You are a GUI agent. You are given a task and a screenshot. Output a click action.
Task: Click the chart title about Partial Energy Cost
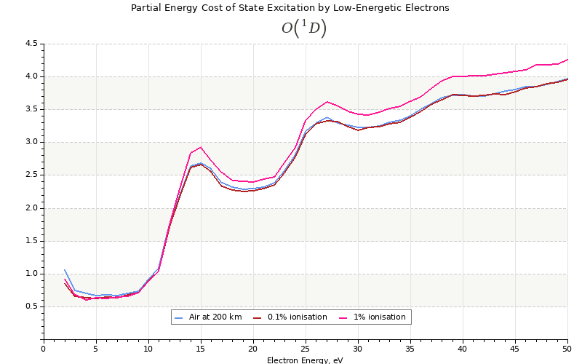pos(290,8)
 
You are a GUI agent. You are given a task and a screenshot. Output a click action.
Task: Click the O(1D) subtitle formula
pos(304,28)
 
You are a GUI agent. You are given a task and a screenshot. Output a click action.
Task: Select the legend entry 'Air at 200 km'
pos(211,317)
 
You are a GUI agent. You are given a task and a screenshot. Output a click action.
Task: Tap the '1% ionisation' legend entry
pos(375,317)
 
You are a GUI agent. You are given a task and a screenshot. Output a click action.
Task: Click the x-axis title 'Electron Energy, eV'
pos(305,360)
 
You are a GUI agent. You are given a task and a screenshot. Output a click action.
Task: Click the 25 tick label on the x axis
pos(306,349)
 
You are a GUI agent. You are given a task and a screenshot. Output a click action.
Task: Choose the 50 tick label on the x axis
pos(567,349)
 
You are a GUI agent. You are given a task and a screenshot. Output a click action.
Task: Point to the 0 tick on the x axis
pos(44,349)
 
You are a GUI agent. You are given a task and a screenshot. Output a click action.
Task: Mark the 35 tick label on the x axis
pos(410,349)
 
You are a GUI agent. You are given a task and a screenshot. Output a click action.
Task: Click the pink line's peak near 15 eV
pos(201,147)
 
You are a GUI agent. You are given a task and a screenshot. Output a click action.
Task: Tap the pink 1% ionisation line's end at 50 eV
pos(567,60)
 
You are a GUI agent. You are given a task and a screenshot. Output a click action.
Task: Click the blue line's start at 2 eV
pos(65,269)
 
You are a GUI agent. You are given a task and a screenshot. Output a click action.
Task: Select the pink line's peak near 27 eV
pos(327,102)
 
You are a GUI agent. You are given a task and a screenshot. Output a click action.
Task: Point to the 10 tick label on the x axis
pos(148,349)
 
